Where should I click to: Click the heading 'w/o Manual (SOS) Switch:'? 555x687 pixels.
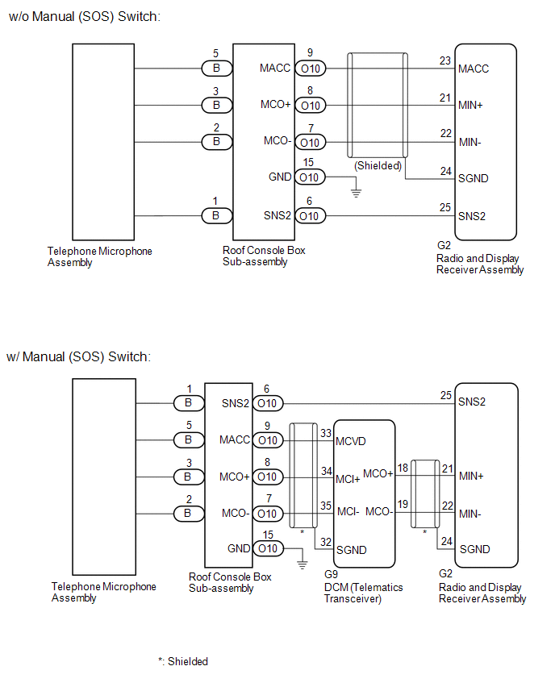click(x=85, y=17)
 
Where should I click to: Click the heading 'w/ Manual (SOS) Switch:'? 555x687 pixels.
click(x=79, y=356)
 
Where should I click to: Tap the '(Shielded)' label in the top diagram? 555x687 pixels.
click(x=378, y=165)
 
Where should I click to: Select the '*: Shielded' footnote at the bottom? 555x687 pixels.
click(x=183, y=661)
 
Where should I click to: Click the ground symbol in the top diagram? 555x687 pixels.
click(x=356, y=193)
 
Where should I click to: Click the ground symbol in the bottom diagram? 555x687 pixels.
click(x=302, y=564)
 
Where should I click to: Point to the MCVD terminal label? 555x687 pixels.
click(x=351, y=441)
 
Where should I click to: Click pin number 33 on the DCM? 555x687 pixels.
click(x=326, y=433)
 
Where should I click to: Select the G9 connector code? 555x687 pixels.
click(x=331, y=574)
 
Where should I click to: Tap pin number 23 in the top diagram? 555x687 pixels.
click(x=445, y=60)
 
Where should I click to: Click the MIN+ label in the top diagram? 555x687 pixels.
click(x=470, y=105)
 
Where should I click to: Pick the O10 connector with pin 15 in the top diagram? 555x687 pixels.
click(x=311, y=177)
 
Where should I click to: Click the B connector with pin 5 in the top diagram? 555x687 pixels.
click(x=216, y=69)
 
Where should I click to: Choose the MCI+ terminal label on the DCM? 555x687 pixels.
click(x=348, y=479)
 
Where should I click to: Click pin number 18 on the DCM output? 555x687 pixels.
click(x=403, y=468)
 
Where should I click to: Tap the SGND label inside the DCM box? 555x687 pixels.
click(x=351, y=550)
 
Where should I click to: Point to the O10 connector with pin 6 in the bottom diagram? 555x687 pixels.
click(x=268, y=403)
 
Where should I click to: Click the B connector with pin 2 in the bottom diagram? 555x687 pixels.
click(x=189, y=513)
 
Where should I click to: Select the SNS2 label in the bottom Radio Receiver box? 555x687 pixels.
click(x=472, y=402)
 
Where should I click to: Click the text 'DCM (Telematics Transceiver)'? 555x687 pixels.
click(x=364, y=593)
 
